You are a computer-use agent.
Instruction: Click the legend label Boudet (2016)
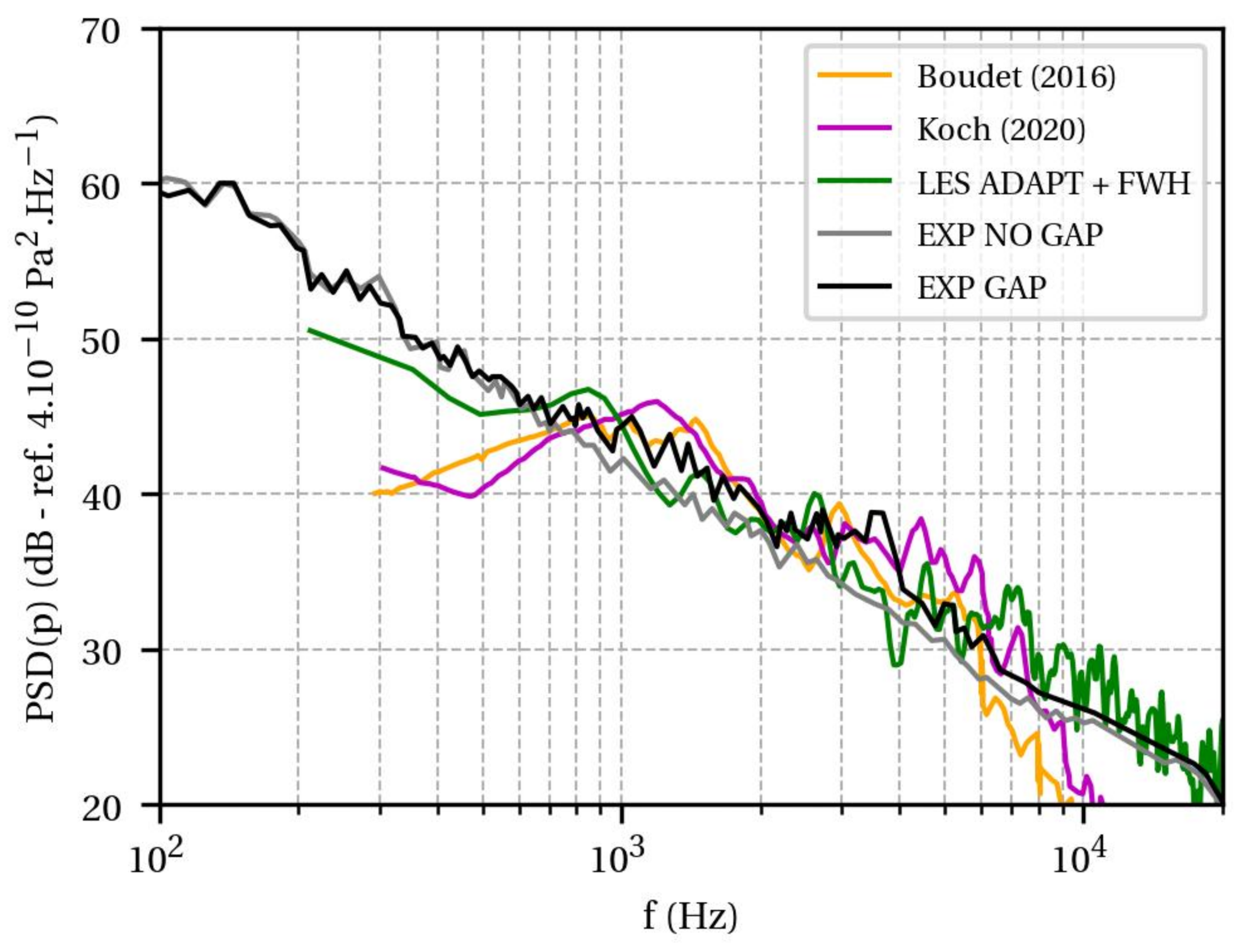tap(1016, 77)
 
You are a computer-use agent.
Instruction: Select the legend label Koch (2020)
tap(1001, 130)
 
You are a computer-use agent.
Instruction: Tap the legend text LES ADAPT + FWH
tap(1053, 183)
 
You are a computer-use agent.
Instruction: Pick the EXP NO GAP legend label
tap(1009, 235)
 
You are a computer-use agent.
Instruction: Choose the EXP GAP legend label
tap(981, 288)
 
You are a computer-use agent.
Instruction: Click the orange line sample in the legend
tap(854, 75)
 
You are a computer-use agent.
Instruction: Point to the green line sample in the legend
tap(854, 181)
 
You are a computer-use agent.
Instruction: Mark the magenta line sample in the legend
tap(854, 128)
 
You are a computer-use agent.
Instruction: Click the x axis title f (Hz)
tap(690, 916)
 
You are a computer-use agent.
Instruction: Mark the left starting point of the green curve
tap(309, 330)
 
